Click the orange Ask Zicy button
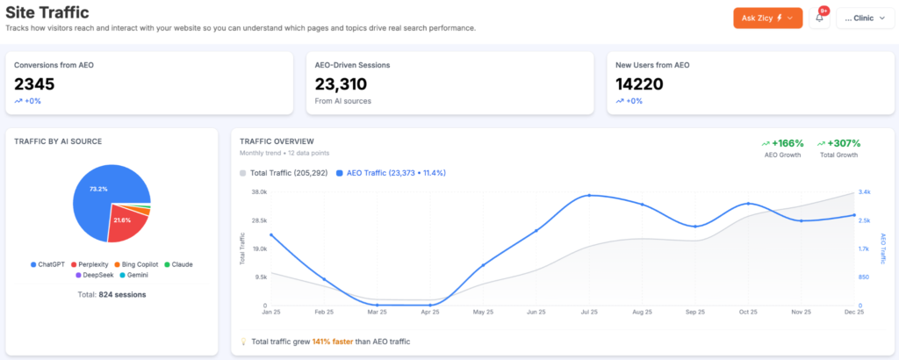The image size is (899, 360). pyautogui.click(x=767, y=18)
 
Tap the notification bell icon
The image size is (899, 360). pyautogui.click(x=819, y=18)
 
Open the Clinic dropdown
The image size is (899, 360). pyautogui.click(x=864, y=18)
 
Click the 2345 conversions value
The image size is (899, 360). pyautogui.click(x=34, y=84)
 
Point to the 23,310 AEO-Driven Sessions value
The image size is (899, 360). pyautogui.click(x=341, y=84)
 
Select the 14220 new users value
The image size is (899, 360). pyautogui.click(x=639, y=84)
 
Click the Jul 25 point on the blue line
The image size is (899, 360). pyautogui.click(x=589, y=196)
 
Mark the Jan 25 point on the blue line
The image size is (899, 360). pyautogui.click(x=271, y=234)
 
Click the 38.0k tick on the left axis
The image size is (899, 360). pyautogui.click(x=259, y=191)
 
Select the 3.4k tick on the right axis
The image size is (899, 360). pyautogui.click(x=864, y=191)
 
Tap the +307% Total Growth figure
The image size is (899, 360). pyautogui.click(x=838, y=143)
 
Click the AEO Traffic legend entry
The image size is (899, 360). pyautogui.click(x=391, y=173)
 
